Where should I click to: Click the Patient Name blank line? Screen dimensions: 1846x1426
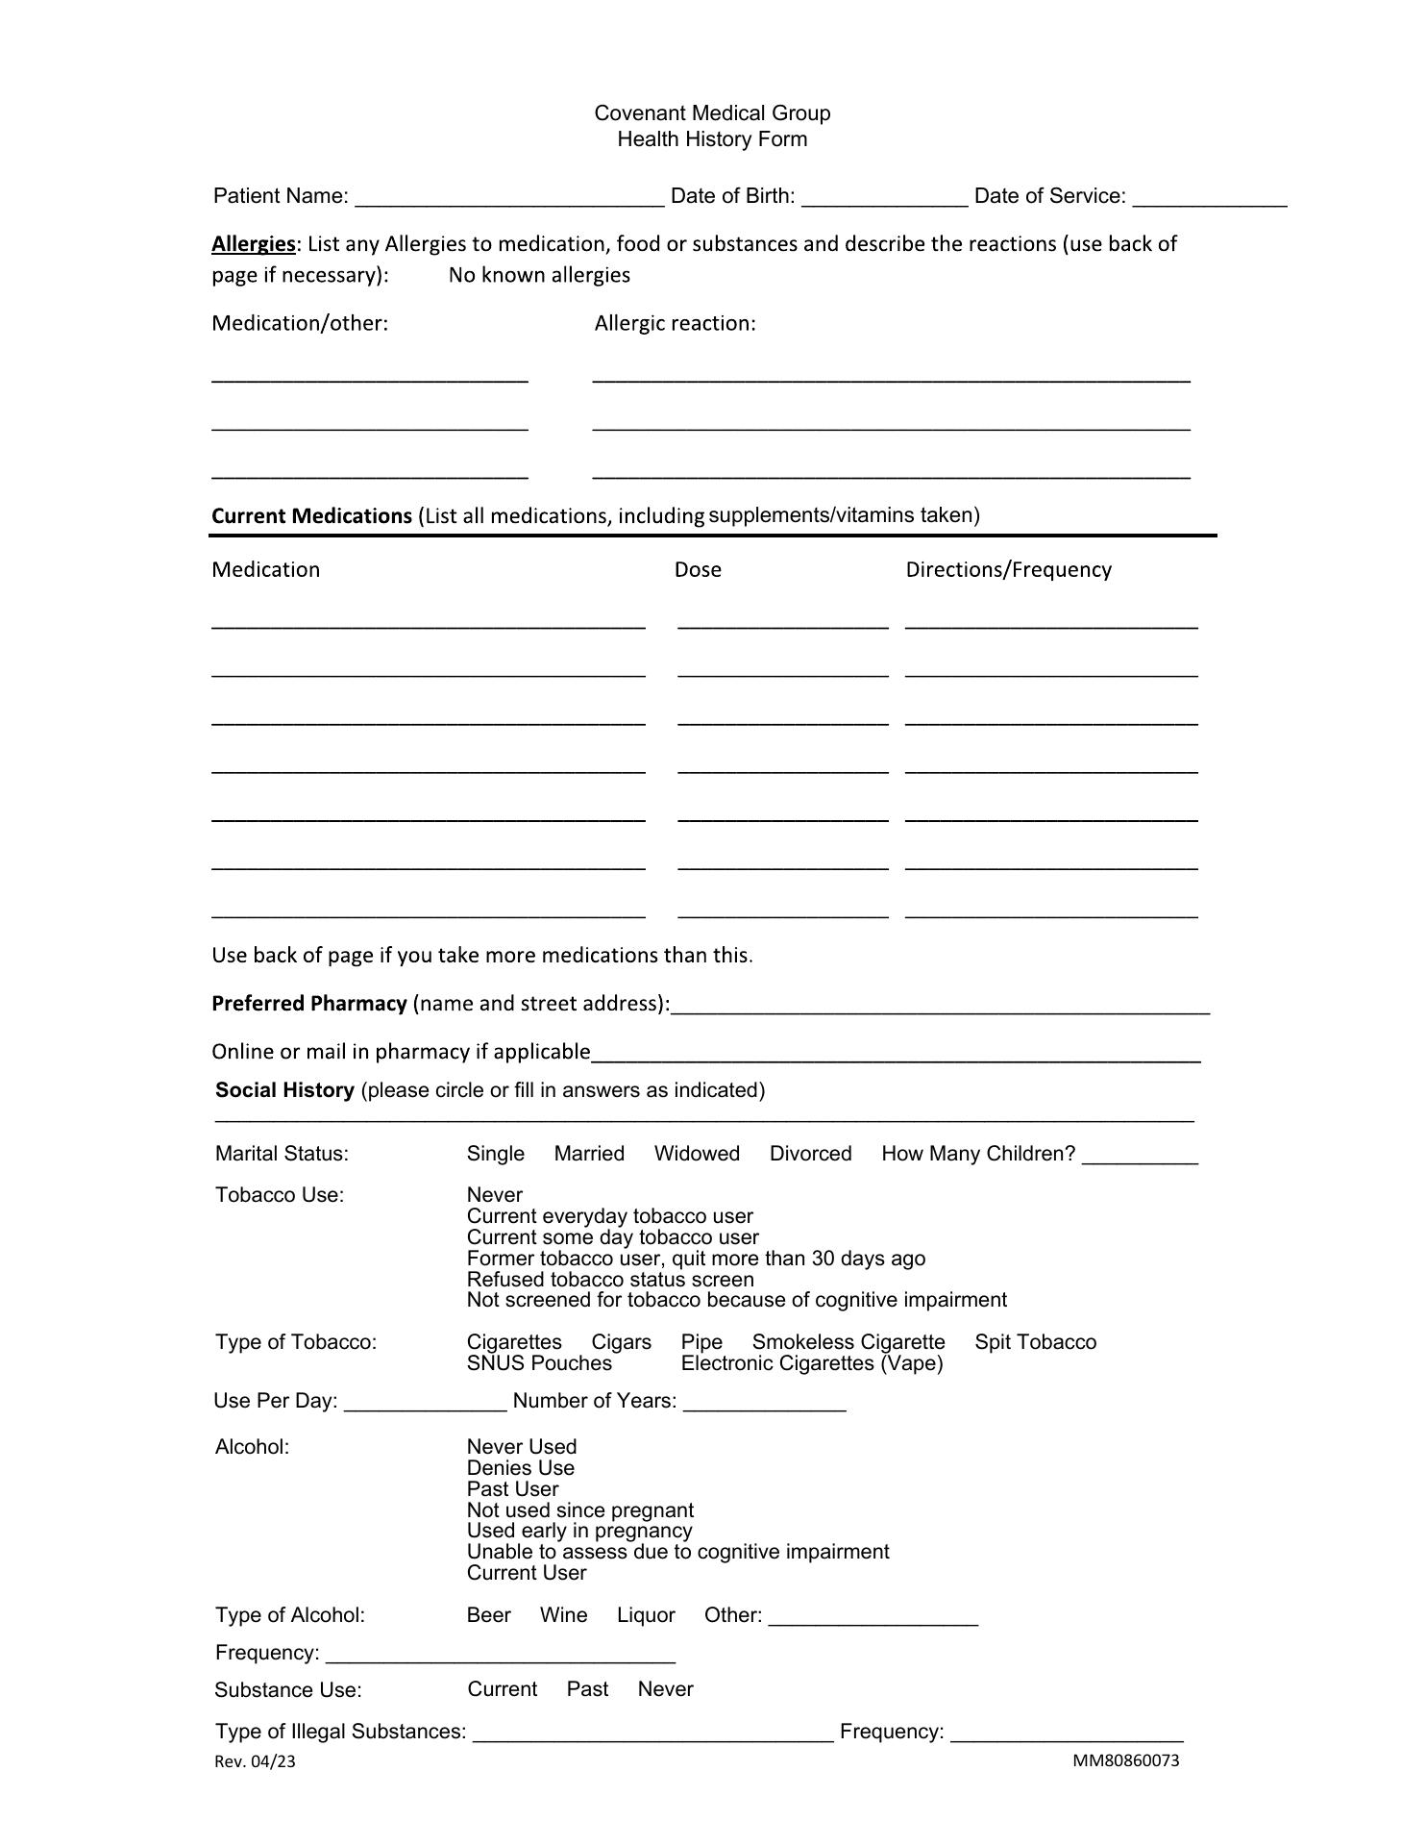(509, 198)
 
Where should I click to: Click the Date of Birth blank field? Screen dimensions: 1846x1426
(884, 198)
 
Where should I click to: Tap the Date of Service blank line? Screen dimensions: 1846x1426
(1209, 198)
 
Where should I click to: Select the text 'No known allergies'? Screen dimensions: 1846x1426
(539, 275)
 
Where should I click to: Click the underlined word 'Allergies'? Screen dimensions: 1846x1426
(254, 244)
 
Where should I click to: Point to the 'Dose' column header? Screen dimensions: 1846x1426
(698, 569)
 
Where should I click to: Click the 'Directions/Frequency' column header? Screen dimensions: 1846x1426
(1008, 569)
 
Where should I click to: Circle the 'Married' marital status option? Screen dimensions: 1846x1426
(589, 1154)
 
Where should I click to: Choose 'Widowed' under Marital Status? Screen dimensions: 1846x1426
(697, 1154)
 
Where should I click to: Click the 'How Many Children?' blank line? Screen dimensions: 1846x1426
(1140, 1157)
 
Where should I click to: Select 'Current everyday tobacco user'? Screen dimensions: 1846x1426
(609, 1216)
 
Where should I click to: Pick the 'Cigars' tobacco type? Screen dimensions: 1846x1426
(621, 1342)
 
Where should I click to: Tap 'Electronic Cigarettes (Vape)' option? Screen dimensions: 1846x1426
(812, 1363)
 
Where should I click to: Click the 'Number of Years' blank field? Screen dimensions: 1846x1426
(764, 1403)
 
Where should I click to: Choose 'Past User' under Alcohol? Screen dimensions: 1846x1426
(512, 1489)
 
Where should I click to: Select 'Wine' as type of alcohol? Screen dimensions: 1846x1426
(563, 1615)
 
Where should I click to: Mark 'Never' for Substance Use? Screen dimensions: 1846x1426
(665, 1689)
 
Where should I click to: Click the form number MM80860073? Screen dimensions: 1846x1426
(1126, 1760)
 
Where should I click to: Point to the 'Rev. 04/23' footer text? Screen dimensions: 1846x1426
(255, 1761)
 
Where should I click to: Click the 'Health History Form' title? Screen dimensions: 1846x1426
(712, 139)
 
